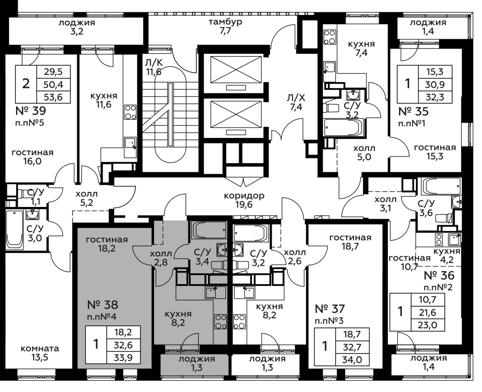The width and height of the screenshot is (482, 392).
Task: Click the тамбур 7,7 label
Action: click(x=225, y=26)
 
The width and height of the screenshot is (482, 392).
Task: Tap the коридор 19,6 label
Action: click(x=244, y=200)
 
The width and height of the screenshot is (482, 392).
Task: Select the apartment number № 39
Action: click(x=31, y=111)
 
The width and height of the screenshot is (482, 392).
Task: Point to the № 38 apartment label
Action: click(x=103, y=305)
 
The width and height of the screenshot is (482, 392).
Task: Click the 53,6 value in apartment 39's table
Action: click(x=53, y=97)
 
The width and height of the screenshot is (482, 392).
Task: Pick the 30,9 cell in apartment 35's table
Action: click(x=435, y=85)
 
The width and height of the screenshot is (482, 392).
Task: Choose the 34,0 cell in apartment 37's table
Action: click(x=352, y=359)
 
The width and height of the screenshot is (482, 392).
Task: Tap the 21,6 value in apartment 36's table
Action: click(x=427, y=312)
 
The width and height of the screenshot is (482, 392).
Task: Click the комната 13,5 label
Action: click(x=40, y=353)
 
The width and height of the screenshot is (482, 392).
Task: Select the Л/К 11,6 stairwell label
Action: click(x=154, y=67)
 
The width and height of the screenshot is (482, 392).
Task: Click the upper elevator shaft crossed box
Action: click(x=236, y=70)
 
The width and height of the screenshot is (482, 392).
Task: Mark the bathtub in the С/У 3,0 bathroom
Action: click(x=14, y=229)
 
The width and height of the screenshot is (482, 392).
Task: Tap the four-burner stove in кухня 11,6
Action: click(x=130, y=112)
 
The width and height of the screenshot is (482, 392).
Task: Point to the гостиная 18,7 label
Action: click(x=350, y=242)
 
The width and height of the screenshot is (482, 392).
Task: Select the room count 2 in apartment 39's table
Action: click(x=26, y=84)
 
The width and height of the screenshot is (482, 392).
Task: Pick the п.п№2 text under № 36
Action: click(x=438, y=287)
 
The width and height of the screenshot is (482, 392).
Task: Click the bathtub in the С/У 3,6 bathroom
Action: click(x=441, y=186)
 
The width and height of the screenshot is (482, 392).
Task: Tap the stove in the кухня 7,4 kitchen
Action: click(x=330, y=37)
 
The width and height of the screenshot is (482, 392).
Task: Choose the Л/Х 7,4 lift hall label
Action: click(x=296, y=102)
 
